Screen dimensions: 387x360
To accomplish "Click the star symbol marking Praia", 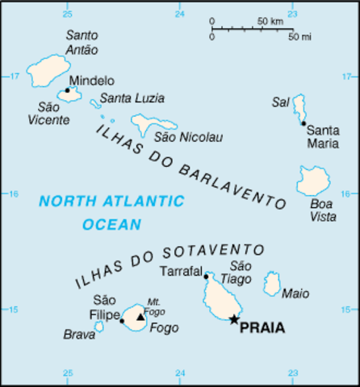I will [234, 319].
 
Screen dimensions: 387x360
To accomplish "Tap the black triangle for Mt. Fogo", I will [140, 318].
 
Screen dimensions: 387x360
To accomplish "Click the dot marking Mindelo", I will [68, 90].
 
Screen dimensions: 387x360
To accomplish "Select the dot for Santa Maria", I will [304, 123].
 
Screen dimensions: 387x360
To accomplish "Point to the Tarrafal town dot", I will [207, 277].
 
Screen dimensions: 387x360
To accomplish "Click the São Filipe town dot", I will [122, 321].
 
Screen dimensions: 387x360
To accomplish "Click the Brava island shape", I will [99, 327].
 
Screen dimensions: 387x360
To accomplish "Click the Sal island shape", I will [299, 106].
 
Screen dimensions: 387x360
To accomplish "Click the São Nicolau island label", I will [187, 138].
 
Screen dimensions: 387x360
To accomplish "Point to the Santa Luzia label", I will [131, 98].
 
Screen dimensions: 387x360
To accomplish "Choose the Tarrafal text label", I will [180, 271].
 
